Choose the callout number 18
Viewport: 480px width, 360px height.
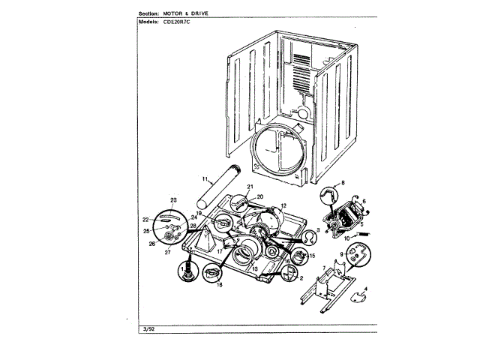220,286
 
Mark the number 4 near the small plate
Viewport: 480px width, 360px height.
365,289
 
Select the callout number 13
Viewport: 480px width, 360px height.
254,268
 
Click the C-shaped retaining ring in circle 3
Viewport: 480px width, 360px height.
307,238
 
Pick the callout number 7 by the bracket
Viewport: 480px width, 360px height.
323,268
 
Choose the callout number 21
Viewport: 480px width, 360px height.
250,187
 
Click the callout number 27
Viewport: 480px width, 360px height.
178,253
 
